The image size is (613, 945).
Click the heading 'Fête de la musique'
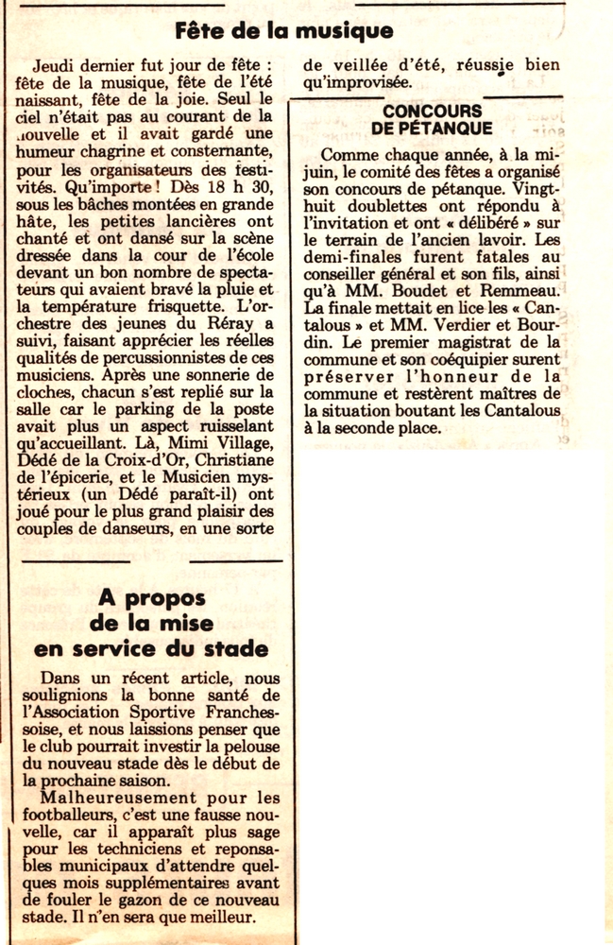coord(283,31)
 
